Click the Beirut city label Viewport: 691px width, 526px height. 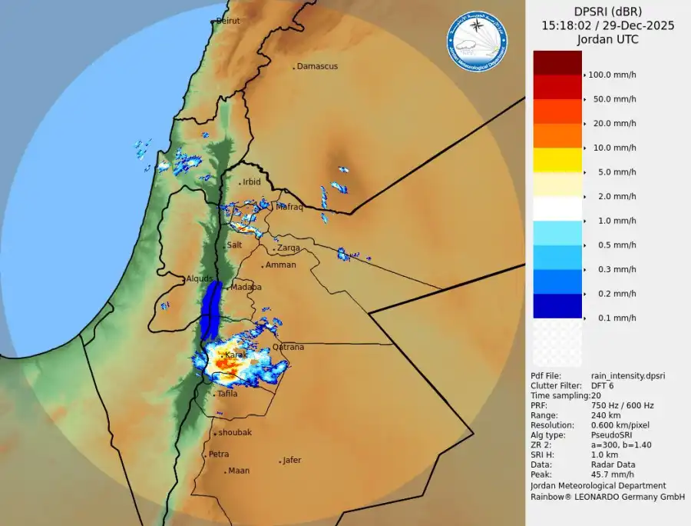click(x=228, y=21)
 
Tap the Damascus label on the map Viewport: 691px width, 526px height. click(x=317, y=67)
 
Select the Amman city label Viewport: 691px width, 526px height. click(x=280, y=265)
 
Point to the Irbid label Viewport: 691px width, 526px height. click(x=251, y=182)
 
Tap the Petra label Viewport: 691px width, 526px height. click(x=219, y=454)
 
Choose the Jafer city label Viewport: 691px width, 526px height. click(x=292, y=461)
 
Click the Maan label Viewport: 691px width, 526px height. click(x=239, y=471)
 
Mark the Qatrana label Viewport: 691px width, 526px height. click(x=288, y=348)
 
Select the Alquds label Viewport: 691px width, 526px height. click(x=200, y=279)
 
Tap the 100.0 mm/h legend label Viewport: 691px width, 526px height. click(x=612, y=75)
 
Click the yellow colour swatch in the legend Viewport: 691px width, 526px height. click(x=557, y=160)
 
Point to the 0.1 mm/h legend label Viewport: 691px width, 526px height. click(x=614, y=318)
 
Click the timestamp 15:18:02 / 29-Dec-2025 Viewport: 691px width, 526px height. click(x=607, y=25)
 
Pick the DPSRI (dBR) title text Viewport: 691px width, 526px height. click(x=607, y=12)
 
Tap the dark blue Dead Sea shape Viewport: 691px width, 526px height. click(x=211, y=308)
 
